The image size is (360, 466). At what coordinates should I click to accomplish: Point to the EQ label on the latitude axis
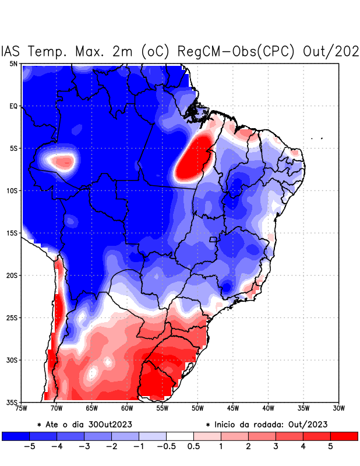(13, 106)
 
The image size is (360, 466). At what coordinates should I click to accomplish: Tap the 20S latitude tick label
(12, 275)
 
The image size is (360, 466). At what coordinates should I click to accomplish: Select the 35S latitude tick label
(12, 402)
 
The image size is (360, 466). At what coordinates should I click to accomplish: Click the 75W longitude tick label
(22, 408)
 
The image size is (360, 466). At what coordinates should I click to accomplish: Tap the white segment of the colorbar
(179, 436)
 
